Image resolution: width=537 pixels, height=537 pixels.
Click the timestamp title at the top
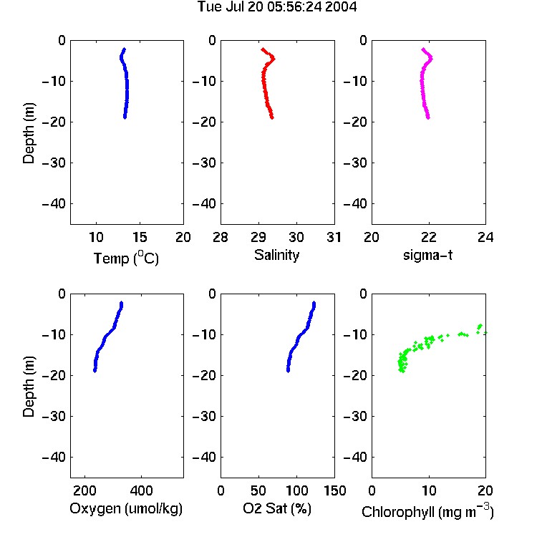click(277, 7)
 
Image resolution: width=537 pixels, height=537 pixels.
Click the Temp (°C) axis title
click(126, 258)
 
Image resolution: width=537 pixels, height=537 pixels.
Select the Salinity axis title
click(276, 255)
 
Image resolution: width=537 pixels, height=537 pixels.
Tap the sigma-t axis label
click(427, 255)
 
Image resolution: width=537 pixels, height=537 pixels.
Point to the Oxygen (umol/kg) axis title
click(126, 508)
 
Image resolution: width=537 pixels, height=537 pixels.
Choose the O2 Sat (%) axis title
click(276, 508)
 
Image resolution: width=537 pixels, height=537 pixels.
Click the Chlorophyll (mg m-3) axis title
click(427, 511)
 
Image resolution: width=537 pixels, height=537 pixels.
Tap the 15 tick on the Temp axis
click(140, 237)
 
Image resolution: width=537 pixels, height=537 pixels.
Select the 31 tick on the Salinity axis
click(334, 237)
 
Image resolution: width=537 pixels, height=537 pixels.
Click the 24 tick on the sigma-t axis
click(485, 237)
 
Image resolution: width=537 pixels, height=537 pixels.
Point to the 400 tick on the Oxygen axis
click(141, 490)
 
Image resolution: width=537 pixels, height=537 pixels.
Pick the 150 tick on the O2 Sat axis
click(334, 490)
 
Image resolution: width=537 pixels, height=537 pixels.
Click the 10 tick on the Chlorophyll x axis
click(429, 490)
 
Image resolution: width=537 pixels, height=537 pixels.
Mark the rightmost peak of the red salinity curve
click(274, 59)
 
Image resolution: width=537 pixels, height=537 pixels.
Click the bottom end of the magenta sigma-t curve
click(428, 118)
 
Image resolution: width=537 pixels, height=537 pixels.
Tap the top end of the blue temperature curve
click(125, 49)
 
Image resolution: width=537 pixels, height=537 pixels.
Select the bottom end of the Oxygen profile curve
click(95, 371)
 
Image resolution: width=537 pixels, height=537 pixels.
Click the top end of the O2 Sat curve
click(314, 302)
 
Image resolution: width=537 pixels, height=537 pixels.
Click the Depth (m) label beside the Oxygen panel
click(29, 387)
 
